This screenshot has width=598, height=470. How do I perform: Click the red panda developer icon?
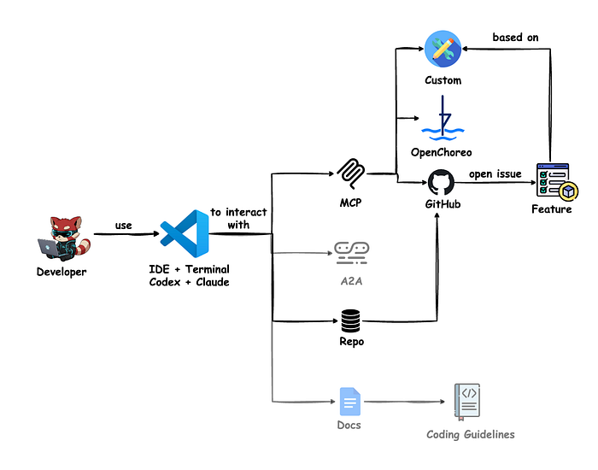click(x=64, y=238)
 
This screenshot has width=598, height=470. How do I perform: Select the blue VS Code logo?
click(x=185, y=233)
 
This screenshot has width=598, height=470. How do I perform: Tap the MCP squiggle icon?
click(x=351, y=173)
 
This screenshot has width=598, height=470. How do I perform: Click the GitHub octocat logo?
click(x=442, y=183)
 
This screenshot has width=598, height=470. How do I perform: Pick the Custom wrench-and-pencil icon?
click(x=443, y=49)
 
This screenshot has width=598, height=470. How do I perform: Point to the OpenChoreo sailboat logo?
click(x=443, y=118)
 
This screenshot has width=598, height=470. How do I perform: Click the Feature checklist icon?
click(x=557, y=181)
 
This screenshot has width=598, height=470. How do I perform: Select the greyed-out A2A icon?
click(x=351, y=253)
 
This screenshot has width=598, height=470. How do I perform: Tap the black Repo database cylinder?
click(x=350, y=320)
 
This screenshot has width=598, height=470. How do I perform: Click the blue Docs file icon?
click(x=350, y=402)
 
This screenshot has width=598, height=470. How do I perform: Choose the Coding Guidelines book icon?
click(x=467, y=402)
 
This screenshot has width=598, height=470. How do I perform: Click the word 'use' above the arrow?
click(x=124, y=226)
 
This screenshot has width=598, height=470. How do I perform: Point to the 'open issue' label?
click(x=495, y=174)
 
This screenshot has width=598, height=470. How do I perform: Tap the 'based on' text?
click(x=515, y=37)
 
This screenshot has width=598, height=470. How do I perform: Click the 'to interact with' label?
click(x=238, y=218)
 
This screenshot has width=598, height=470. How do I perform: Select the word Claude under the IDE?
click(x=213, y=282)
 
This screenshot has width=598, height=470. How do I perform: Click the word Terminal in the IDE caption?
click(x=207, y=269)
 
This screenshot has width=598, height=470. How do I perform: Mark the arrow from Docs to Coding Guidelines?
click(x=404, y=402)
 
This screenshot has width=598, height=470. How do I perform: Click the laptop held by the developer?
click(x=49, y=248)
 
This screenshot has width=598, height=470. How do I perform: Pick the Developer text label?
click(x=62, y=272)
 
